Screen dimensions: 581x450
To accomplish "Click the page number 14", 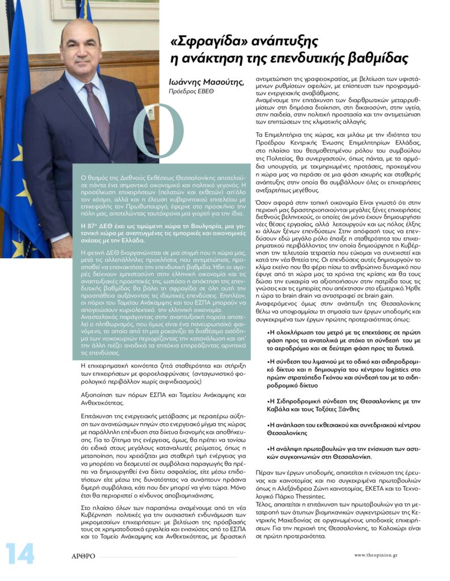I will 20,554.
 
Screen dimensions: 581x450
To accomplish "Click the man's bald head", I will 85,31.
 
